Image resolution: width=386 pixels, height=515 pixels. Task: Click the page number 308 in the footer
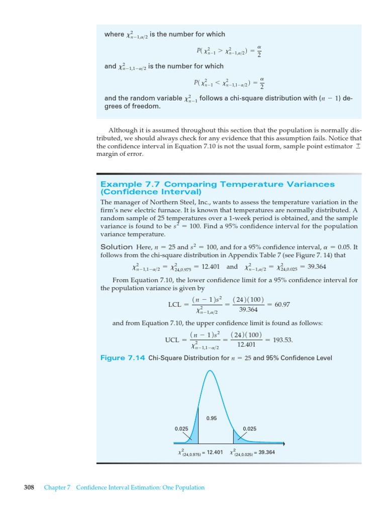pos(29,487)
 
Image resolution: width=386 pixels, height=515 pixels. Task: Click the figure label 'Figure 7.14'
pos(123,358)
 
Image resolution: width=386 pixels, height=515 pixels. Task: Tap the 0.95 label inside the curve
pos(212,418)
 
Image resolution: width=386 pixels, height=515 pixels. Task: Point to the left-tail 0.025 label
pos(181,428)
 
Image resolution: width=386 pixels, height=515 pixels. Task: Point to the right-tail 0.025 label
pos(250,428)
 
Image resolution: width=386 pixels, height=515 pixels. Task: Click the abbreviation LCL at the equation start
pos(175,305)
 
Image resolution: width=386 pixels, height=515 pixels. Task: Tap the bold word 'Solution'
pos(117,247)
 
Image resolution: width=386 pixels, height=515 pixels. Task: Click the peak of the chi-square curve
pos(210,371)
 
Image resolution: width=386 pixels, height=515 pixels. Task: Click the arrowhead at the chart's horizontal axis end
pos(283,444)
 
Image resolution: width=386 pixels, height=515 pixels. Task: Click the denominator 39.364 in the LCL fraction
pos(248,309)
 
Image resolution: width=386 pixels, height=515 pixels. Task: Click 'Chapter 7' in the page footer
pos(57,487)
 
